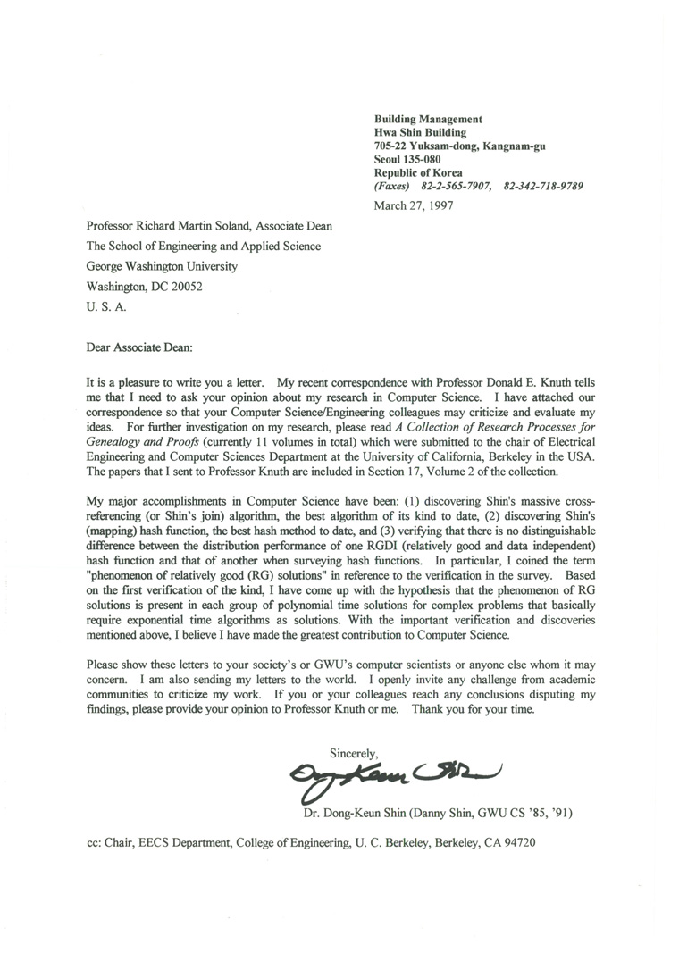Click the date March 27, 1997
click(x=414, y=205)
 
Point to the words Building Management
click(x=428, y=119)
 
